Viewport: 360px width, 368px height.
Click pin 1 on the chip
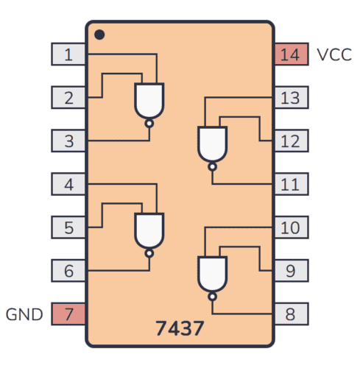pos(68,54)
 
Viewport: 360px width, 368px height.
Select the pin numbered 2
pos(68,97)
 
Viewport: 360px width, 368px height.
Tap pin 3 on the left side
pos(68,141)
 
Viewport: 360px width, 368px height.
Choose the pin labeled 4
pos(68,184)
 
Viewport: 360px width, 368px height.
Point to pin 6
pos(68,271)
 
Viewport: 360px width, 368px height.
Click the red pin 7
pos(68,314)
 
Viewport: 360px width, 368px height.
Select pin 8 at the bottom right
pos(290,314)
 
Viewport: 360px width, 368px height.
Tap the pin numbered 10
pos(290,227)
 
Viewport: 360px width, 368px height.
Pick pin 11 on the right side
pos(290,184)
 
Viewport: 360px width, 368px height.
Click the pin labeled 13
pos(290,97)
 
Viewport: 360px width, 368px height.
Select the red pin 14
pos(290,54)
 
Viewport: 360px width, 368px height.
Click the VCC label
pos(333,54)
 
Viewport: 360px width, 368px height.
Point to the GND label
pos(25,315)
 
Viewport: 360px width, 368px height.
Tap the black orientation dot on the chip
pos(99,34)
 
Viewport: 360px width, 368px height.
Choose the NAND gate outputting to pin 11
pos(212,144)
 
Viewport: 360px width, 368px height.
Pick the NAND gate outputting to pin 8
pos(212,274)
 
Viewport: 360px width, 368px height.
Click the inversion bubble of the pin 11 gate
pos(212,167)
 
